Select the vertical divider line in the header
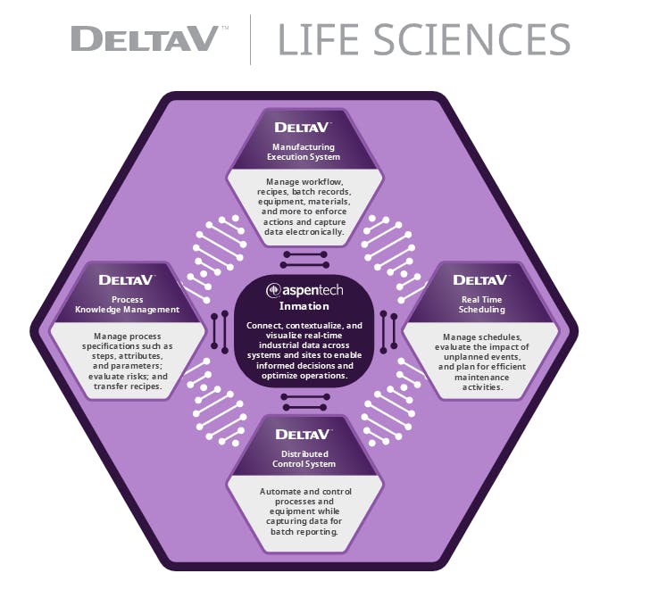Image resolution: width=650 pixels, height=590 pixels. click(x=250, y=40)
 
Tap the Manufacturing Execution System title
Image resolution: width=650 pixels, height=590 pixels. click(x=304, y=152)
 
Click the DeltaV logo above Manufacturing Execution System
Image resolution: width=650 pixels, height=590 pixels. click(x=304, y=128)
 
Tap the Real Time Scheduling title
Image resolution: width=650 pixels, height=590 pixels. click(x=483, y=304)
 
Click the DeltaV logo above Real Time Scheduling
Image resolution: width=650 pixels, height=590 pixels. click(x=481, y=280)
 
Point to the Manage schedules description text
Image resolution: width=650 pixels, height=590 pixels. click(x=483, y=362)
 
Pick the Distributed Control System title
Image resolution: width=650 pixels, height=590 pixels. click(x=304, y=459)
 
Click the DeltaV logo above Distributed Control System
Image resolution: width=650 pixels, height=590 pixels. click(x=304, y=435)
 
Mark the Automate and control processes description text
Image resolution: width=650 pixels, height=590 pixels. click(x=304, y=511)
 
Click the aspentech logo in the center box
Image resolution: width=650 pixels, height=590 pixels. click(x=305, y=291)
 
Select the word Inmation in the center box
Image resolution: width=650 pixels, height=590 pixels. click(x=304, y=306)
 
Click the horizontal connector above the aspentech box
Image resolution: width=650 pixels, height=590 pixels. click(x=305, y=259)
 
